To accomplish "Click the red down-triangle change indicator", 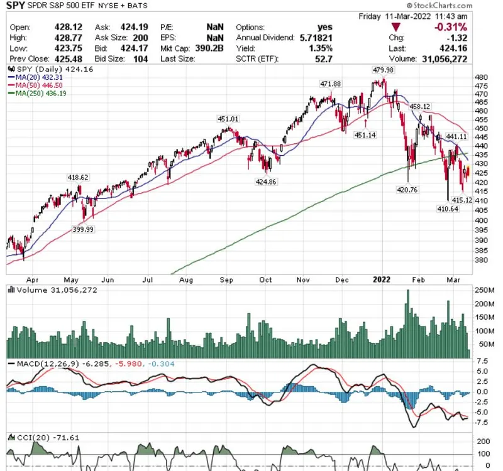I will pos(395,27).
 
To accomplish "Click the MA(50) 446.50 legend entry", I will pos(36,85).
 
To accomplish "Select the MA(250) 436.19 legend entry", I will pos(38,93).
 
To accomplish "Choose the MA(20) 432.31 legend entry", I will pos(36,77).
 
